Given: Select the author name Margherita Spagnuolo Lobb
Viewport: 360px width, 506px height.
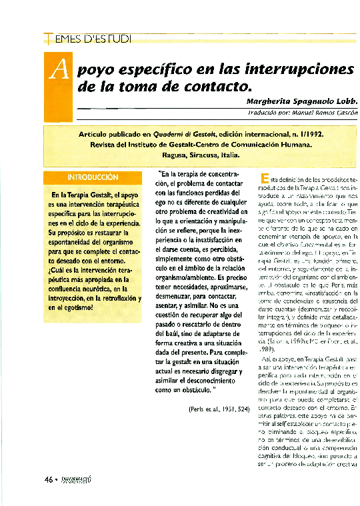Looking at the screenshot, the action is click(301, 101).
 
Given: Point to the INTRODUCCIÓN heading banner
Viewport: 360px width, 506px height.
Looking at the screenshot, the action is click(92, 178).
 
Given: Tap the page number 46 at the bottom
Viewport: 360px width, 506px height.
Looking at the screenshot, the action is click(49, 479).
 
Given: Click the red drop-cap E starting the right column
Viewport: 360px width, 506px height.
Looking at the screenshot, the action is click(264, 178).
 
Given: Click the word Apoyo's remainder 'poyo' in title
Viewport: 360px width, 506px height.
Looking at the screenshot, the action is click(99, 70).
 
